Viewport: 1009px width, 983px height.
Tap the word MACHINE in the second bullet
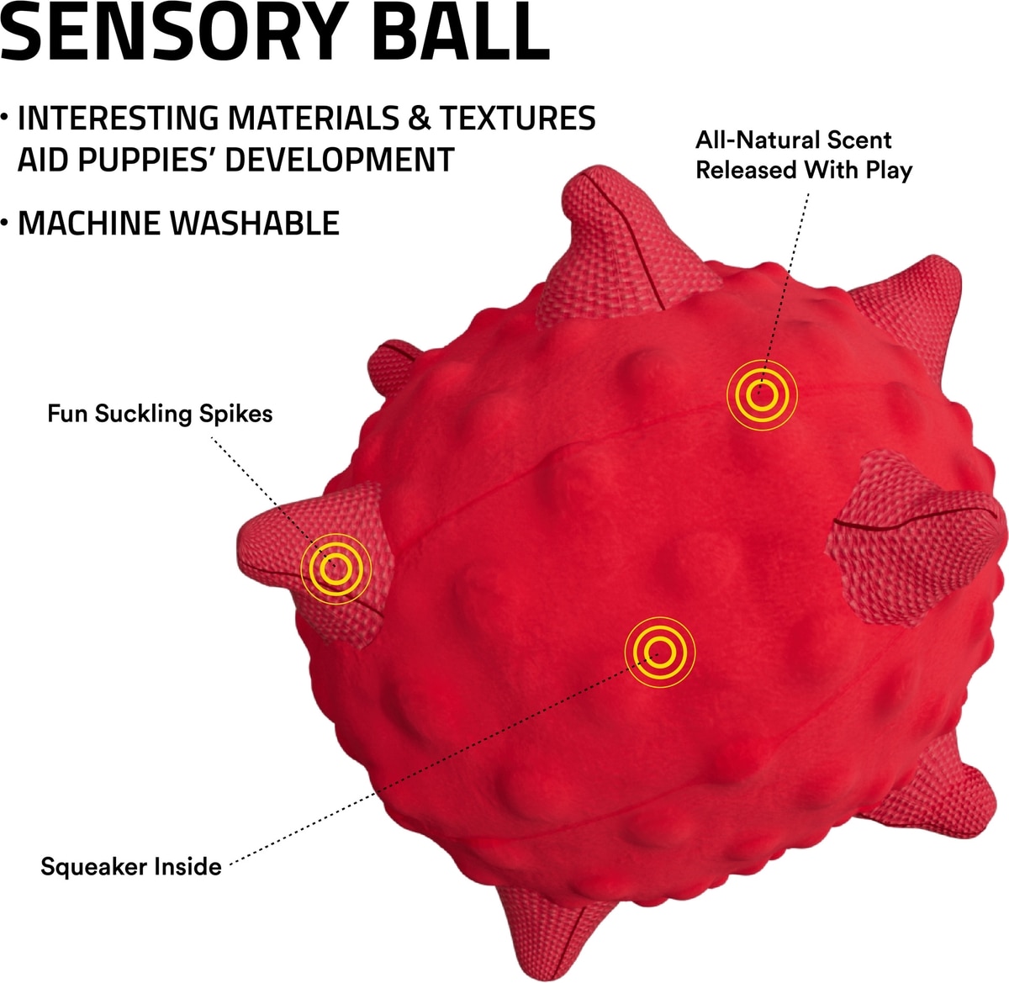click(x=87, y=223)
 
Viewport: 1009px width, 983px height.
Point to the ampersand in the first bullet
click(x=418, y=119)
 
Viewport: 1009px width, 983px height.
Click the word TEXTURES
click(x=518, y=119)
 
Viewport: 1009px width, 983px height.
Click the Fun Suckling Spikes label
click(x=160, y=414)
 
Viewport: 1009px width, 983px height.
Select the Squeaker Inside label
click(x=131, y=866)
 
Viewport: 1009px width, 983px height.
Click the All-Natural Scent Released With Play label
click(x=803, y=155)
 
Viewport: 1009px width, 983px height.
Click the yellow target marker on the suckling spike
click(x=335, y=568)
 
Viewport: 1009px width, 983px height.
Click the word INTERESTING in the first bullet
click(x=119, y=119)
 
